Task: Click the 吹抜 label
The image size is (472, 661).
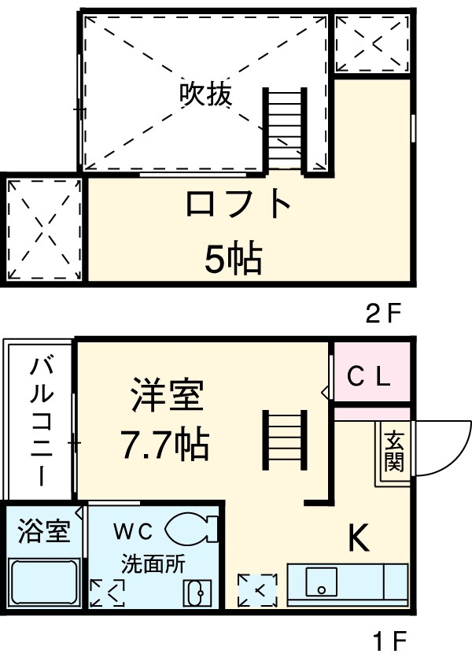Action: (206, 94)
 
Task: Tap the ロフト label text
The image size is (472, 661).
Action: (238, 205)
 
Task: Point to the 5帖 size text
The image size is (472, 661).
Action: (233, 258)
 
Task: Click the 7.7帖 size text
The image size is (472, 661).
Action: (164, 445)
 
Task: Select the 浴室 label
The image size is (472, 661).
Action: (42, 532)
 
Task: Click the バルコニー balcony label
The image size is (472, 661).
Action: (42, 421)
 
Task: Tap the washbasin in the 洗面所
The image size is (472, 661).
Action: (197, 591)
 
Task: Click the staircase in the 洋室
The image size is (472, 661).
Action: (283, 441)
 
